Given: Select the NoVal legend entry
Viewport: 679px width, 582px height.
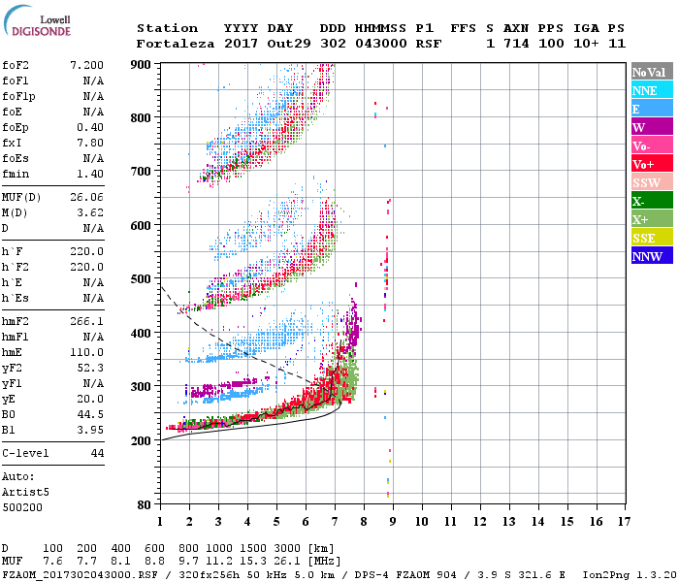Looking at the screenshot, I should pyautogui.click(x=651, y=72).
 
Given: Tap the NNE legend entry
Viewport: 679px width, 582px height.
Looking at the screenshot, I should pyautogui.click(x=651, y=90).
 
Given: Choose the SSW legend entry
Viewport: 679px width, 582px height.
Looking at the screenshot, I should pyautogui.click(x=651, y=182).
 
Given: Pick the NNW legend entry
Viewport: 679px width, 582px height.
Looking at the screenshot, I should pyautogui.click(x=651, y=257).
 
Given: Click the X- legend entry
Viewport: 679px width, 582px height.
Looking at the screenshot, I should pyautogui.click(x=651, y=201).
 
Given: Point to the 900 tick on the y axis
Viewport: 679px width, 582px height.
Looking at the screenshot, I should pyautogui.click(x=142, y=64).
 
